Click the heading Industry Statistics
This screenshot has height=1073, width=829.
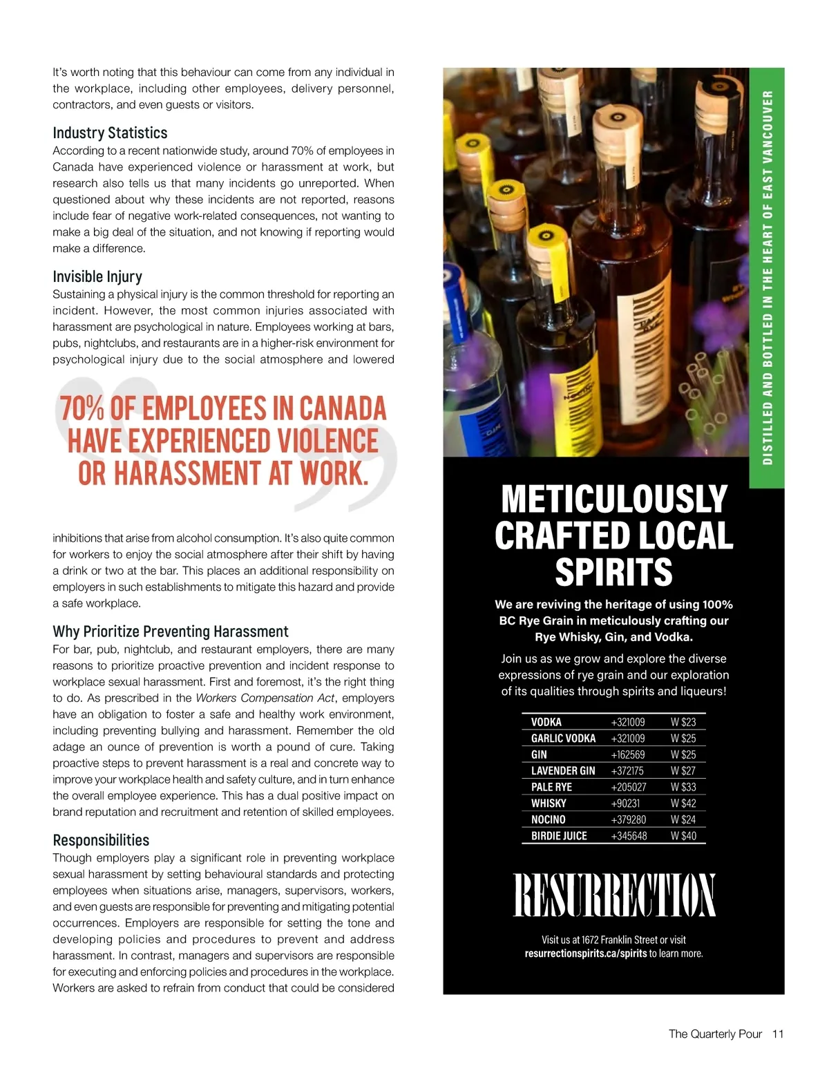pyautogui.click(x=110, y=133)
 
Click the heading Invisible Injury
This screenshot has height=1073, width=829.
pyautogui.click(x=97, y=276)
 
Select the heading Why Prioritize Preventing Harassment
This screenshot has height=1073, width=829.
pyautogui.click(x=170, y=632)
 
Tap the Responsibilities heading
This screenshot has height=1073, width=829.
pyautogui.click(x=101, y=840)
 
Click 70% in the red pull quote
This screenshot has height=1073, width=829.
pyautogui.click(x=82, y=408)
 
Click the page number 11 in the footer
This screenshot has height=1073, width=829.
pyautogui.click(x=778, y=1034)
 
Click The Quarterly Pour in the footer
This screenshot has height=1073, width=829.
pyautogui.click(x=715, y=1034)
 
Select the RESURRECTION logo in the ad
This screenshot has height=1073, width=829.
pyautogui.click(x=613, y=895)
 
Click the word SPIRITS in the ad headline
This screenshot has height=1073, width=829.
pyautogui.click(x=613, y=572)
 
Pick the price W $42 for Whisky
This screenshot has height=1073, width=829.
pyautogui.click(x=683, y=803)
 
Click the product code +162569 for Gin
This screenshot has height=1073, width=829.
pyautogui.click(x=628, y=754)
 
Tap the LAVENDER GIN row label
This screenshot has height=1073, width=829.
pyautogui.click(x=563, y=770)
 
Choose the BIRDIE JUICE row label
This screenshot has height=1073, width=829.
pyautogui.click(x=559, y=835)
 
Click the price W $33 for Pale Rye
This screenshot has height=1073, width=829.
pyautogui.click(x=683, y=787)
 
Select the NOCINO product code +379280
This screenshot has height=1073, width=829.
pyautogui.click(x=629, y=819)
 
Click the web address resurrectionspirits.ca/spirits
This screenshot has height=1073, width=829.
pyautogui.click(x=586, y=953)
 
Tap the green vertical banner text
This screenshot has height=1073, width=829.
pyautogui.click(x=767, y=276)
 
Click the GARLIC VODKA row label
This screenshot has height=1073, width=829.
pyautogui.click(x=563, y=738)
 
